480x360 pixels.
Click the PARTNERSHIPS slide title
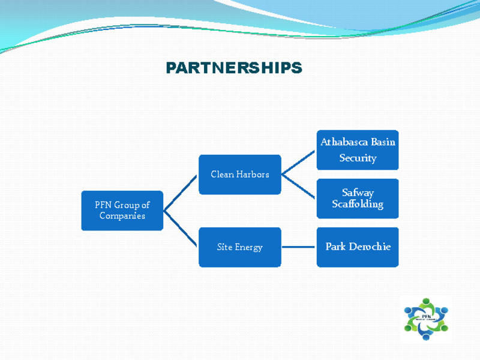point(234,68)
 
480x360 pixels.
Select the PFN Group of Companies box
point(122,211)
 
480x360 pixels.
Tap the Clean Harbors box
point(240,175)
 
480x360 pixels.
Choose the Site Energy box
point(240,247)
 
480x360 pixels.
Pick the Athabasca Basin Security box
point(358,150)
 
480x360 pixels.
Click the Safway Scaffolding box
point(358,199)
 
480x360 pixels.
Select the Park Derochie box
point(358,247)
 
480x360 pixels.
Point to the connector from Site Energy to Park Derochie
point(299,247)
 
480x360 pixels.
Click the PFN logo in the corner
point(427,319)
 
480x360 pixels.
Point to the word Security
point(358,158)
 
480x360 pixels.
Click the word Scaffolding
point(358,204)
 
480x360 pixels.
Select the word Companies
point(122,216)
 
